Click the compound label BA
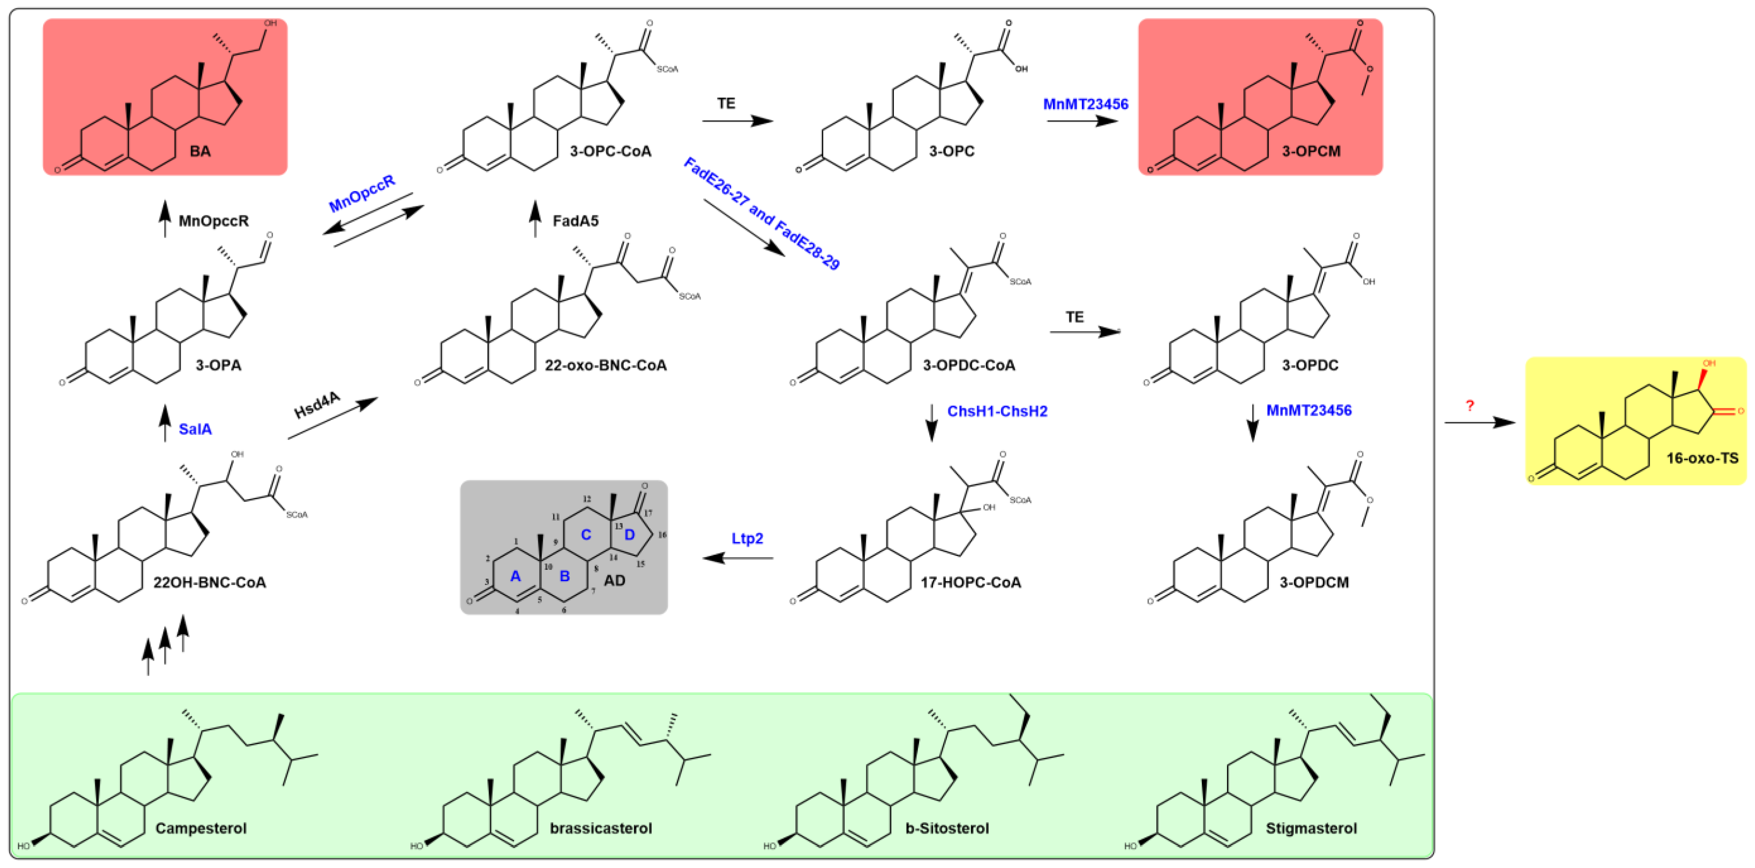(x=200, y=151)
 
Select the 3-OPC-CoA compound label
(x=610, y=151)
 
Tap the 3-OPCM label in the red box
(x=1311, y=151)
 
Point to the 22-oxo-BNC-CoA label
(x=605, y=366)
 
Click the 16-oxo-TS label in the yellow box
(x=1702, y=458)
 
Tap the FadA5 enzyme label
(x=575, y=221)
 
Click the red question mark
(x=1469, y=406)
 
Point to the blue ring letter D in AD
(x=629, y=535)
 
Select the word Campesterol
(x=201, y=828)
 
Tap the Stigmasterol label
(x=1311, y=828)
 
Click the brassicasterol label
(x=600, y=828)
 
